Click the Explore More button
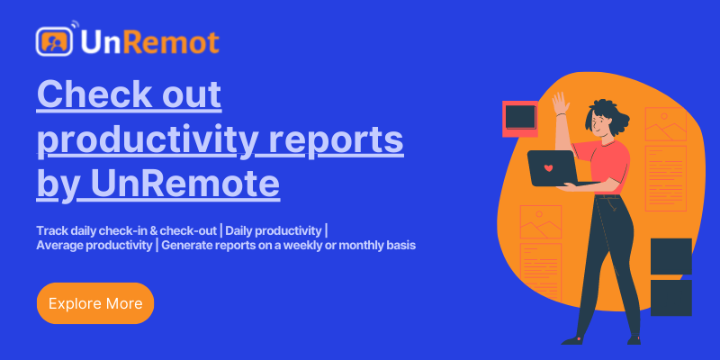pyautogui.click(x=95, y=303)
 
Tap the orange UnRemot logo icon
pyautogui.click(x=54, y=41)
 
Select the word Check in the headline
pyautogui.click(x=93, y=94)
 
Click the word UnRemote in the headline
pyautogui.click(x=183, y=184)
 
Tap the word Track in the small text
pyautogui.click(x=49, y=230)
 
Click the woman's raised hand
pyautogui.click(x=560, y=103)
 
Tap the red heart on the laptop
pyautogui.click(x=548, y=168)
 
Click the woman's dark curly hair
pyautogui.click(x=608, y=116)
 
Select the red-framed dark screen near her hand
pyautogui.click(x=520, y=119)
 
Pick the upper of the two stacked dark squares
pyautogui.click(x=670, y=256)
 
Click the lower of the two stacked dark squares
pyautogui.click(x=670, y=298)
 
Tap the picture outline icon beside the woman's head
pyautogui.click(x=665, y=124)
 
